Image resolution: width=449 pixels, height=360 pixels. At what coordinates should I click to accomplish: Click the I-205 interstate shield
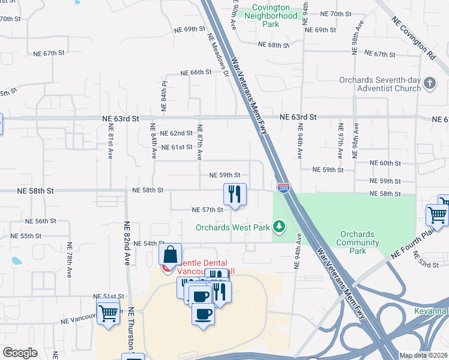coord(284,188)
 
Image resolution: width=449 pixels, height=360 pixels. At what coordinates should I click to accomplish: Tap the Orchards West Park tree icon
coord(279,227)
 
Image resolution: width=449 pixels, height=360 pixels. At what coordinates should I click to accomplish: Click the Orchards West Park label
coord(232,227)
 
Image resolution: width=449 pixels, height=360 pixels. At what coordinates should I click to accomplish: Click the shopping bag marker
coord(170,255)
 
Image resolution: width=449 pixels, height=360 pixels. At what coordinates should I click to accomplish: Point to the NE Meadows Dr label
coord(218,54)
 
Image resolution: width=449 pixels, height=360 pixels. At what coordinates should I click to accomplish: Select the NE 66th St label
coord(193,72)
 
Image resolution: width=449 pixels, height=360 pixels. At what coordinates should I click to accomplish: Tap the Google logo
coord(20,353)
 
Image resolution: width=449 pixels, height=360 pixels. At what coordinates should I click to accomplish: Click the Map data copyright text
coord(423,355)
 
